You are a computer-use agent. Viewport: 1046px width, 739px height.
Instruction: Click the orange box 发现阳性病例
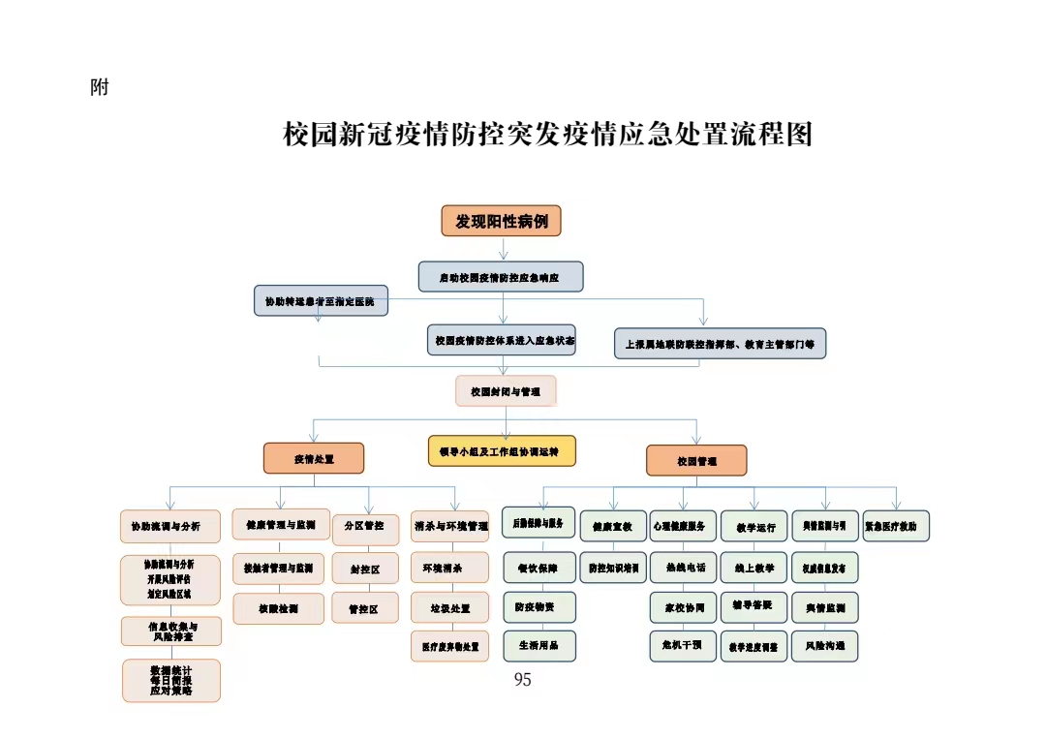[x=501, y=221]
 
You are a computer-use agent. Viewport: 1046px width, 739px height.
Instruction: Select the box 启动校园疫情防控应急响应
[x=501, y=277]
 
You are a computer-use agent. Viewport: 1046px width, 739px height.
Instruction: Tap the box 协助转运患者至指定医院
[x=320, y=301]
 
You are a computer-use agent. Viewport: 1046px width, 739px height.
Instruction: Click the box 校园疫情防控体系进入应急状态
[x=501, y=340]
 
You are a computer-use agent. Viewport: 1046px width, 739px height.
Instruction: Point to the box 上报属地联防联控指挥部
[x=720, y=343]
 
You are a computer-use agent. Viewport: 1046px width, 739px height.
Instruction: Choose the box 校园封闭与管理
[x=506, y=391]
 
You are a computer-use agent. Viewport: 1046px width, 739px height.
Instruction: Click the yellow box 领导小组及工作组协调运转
[x=502, y=450]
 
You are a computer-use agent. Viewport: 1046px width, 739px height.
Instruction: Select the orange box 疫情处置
[x=314, y=458]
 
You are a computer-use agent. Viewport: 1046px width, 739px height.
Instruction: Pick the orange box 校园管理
[x=696, y=460]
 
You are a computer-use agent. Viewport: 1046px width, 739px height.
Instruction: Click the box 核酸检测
[x=278, y=608]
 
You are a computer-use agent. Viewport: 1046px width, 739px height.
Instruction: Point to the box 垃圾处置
[x=449, y=608]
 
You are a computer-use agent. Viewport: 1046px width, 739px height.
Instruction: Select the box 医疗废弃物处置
[x=449, y=646]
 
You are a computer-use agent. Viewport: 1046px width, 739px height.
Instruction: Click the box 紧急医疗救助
[x=896, y=526]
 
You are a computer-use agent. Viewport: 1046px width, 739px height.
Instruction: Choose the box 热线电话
[x=683, y=568]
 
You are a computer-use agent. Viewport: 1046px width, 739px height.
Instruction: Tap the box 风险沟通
[x=824, y=645]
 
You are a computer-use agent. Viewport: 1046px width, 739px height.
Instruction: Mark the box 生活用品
[x=538, y=645]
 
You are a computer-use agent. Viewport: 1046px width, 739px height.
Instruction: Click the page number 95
[x=522, y=680]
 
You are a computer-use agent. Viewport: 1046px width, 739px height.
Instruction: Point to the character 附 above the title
[x=99, y=88]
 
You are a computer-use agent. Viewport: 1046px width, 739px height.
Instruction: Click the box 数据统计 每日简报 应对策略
[x=171, y=680]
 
